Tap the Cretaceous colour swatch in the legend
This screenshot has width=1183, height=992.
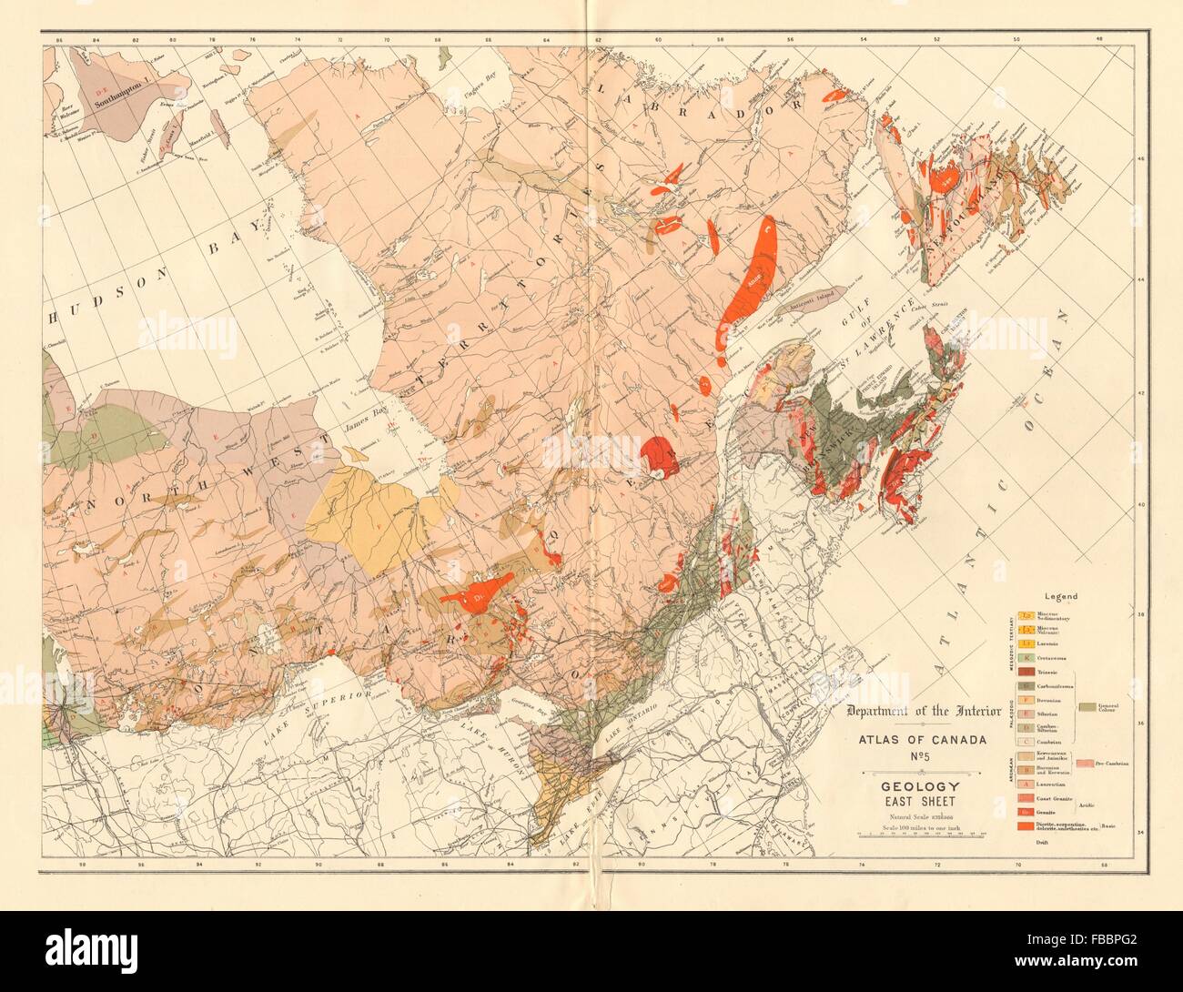point(1027,656)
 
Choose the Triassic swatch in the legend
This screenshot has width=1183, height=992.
point(1027,671)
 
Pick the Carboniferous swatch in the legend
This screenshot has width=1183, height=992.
point(1027,685)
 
